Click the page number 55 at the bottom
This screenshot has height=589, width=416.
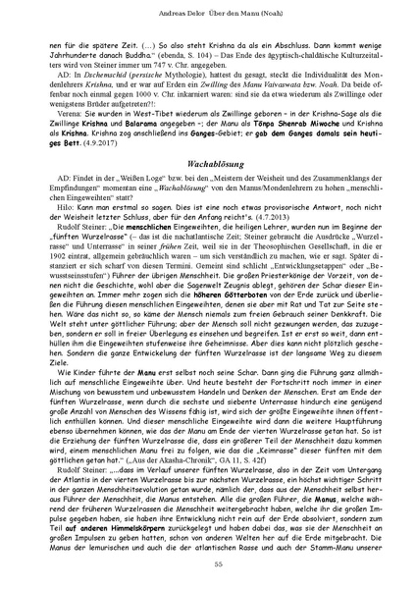pos(207,562)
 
